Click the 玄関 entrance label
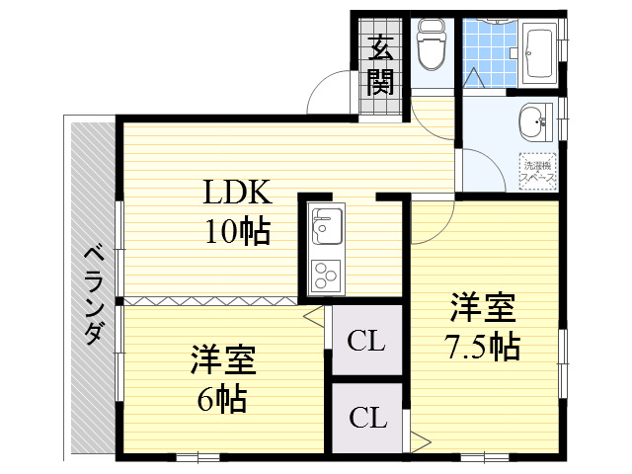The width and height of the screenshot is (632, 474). (x=381, y=64)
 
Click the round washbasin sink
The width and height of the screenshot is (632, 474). (x=532, y=123)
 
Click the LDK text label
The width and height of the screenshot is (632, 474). (x=236, y=192)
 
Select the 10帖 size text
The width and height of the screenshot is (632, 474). (x=237, y=232)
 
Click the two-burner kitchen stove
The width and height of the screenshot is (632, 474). (x=325, y=272)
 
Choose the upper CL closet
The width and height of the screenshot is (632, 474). (x=366, y=342)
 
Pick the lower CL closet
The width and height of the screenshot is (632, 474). (x=366, y=418)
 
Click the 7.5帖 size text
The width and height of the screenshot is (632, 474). (x=482, y=347)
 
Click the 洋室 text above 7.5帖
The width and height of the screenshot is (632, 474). (x=483, y=307)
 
